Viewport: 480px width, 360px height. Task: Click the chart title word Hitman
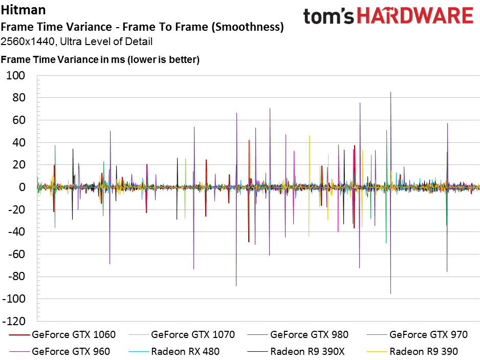click(x=23, y=10)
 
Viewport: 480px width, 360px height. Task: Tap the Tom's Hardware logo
click(x=388, y=16)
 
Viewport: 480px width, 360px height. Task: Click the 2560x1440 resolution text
click(x=27, y=41)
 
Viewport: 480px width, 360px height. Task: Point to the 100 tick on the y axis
click(x=16, y=75)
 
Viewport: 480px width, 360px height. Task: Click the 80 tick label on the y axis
click(x=18, y=98)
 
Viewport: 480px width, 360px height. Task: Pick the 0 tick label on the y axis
click(x=22, y=187)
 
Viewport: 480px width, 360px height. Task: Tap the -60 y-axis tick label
click(x=16, y=254)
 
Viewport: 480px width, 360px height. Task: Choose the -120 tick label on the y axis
click(x=14, y=321)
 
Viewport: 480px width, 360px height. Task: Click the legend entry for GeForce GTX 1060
click(x=62, y=334)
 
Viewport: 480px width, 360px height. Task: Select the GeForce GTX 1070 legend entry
click(x=182, y=334)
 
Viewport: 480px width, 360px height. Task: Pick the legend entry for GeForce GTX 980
click(x=298, y=334)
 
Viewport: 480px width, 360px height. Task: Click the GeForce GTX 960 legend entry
click(x=60, y=351)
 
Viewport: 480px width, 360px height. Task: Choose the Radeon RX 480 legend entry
click(x=174, y=351)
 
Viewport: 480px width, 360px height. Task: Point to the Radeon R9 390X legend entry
click(x=296, y=351)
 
